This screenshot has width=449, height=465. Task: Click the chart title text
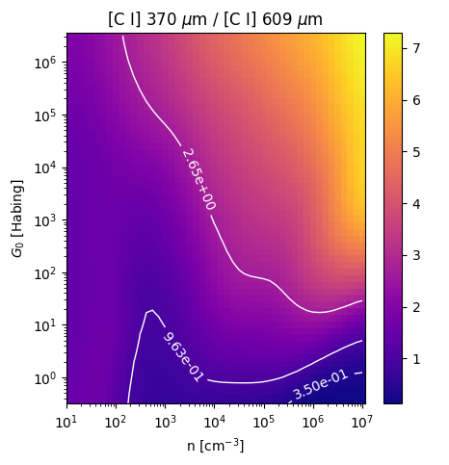215,20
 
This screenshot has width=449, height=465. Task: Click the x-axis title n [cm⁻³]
216,446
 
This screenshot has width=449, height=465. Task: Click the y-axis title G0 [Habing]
17,219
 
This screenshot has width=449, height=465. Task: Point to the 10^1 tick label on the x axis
66,423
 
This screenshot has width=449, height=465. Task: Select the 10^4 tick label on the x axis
215,423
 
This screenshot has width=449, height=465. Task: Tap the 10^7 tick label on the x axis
362,423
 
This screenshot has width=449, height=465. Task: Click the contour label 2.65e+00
198,179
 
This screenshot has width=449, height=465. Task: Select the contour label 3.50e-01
320,385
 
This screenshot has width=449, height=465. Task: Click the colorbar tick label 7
416,48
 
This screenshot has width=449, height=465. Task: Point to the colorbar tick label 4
416,204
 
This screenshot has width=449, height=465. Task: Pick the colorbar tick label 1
416,359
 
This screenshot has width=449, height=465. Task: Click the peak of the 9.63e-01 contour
152,310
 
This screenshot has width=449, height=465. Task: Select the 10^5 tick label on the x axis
264,423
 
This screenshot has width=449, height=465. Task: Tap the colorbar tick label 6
416,100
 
